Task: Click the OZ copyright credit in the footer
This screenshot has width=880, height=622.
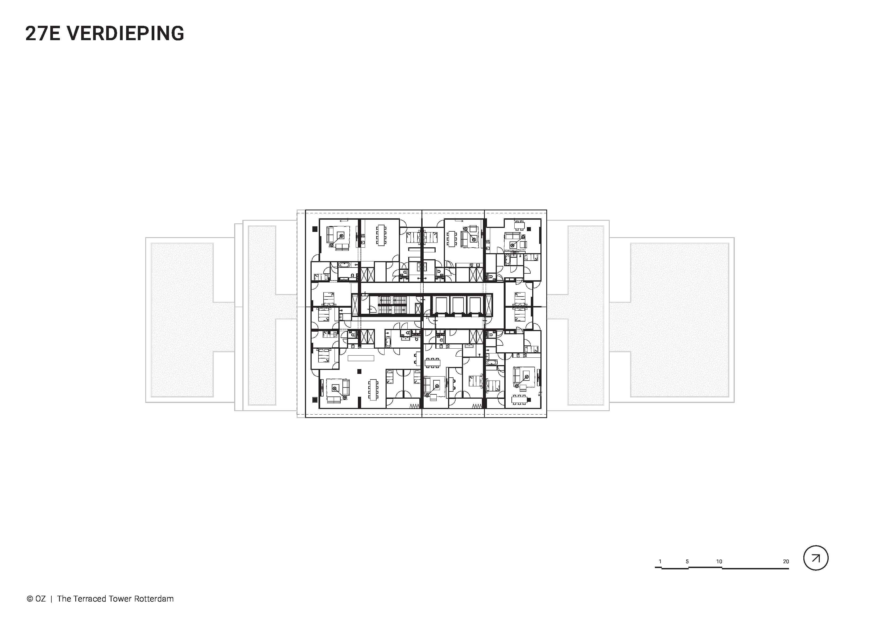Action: (x=36, y=599)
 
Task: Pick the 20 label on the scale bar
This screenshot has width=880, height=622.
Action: (x=786, y=561)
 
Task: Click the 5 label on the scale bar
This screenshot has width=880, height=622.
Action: (x=687, y=561)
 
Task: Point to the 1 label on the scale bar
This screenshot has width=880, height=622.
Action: (x=660, y=561)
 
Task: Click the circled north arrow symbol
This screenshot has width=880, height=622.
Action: (x=816, y=558)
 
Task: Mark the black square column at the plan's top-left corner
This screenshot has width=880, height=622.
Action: (x=315, y=229)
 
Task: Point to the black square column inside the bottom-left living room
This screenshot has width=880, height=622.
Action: (x=359, y=371)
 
